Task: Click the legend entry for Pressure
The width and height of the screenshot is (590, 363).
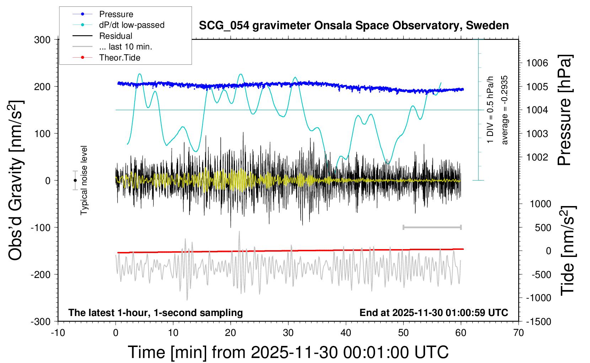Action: [116, 14]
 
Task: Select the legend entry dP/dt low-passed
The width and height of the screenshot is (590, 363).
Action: [132, 25]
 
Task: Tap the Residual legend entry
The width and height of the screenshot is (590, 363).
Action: [116, 36]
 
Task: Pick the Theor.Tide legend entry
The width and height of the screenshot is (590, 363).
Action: [119, 58]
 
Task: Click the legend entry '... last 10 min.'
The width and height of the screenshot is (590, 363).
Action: [125, 47]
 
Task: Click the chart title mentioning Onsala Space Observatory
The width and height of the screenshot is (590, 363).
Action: [354, 26]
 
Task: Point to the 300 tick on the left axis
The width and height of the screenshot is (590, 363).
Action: [42, 40]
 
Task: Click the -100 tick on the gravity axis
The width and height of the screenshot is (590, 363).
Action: [41, 227]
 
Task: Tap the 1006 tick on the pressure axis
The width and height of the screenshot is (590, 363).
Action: [537, 63]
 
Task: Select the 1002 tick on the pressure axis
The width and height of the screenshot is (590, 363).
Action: [537, 157]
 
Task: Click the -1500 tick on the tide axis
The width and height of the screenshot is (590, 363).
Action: [538, 322]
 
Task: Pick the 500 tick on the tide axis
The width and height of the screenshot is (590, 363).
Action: [543, 228]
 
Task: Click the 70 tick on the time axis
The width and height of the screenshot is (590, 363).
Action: [519, 333]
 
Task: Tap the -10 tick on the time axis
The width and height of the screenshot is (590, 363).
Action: [58, 333]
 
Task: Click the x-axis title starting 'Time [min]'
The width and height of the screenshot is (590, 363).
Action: [288, 352]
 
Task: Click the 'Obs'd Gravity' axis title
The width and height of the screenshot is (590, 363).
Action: [16, 180]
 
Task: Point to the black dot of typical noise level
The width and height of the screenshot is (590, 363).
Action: [75, 180]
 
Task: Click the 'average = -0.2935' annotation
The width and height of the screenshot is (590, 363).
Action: [505, 110]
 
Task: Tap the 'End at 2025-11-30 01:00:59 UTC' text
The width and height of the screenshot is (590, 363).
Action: [434, 313]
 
